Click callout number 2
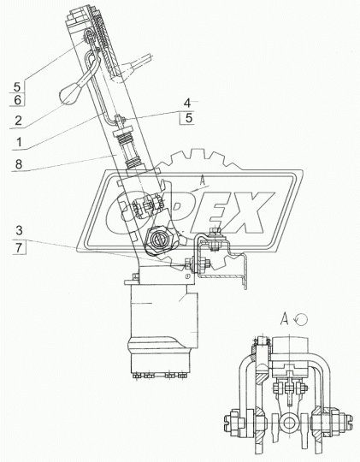click(18, 121)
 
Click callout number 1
click(19, 142)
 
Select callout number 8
click(19, 164)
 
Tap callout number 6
click(18, 100)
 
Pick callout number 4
click(187, 104)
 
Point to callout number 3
click(19, 230)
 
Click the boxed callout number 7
click(19, 247)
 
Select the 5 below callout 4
click(189, 118)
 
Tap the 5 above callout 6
click(17, 87)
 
